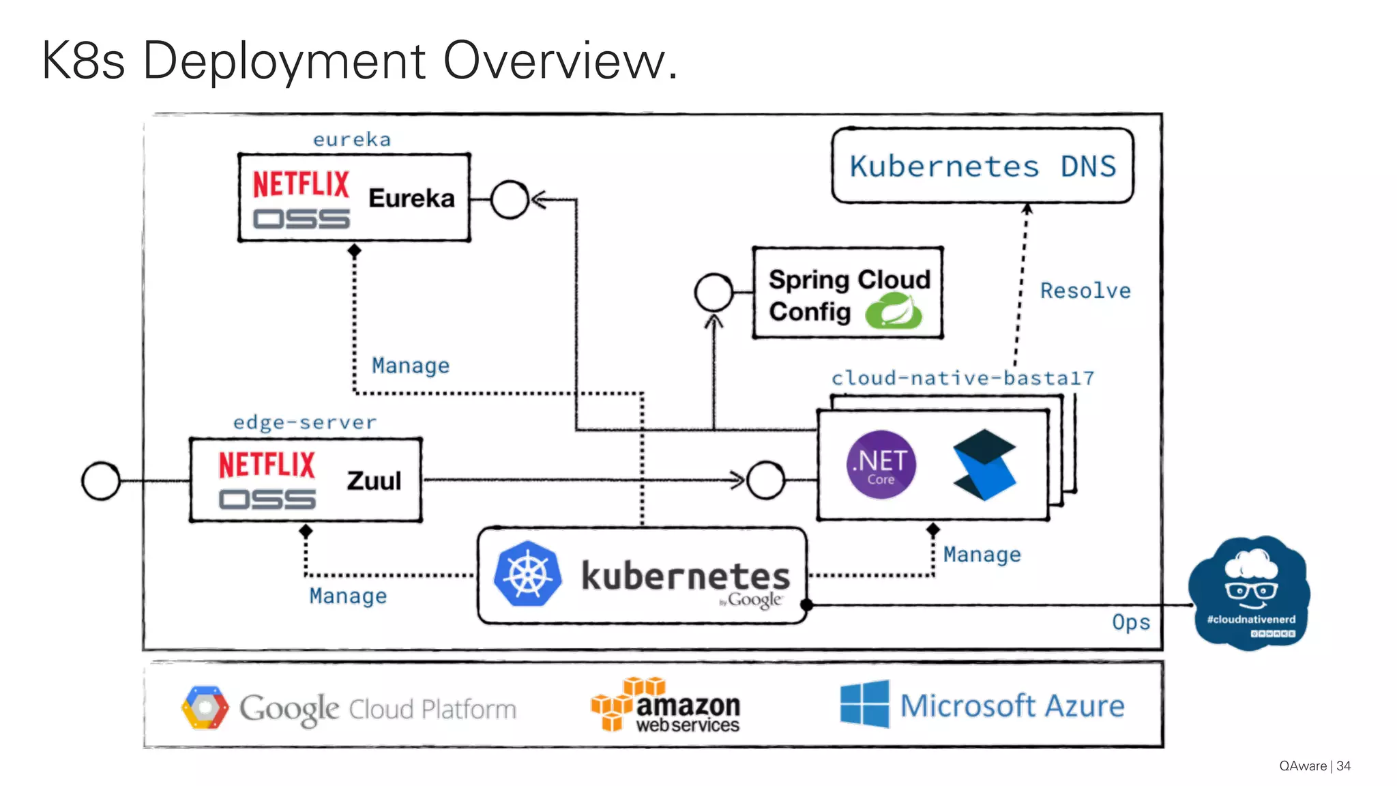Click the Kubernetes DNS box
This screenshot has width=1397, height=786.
(x=982, y=166)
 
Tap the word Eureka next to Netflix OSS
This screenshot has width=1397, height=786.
(x=411, y=199)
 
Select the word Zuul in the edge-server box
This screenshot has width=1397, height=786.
(x=374, y=480)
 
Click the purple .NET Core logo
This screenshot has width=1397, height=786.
(x=881, y=465)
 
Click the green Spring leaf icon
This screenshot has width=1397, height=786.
(x=894, y=312)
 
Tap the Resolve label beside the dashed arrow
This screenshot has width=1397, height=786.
(x=1085, y=291)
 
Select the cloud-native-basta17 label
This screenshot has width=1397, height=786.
(x=962, y=378)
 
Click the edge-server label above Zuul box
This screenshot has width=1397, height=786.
(x=304, y=422)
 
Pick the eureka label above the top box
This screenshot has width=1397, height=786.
(x=352, y=140)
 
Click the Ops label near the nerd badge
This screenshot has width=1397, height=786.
(x=1130, y=622)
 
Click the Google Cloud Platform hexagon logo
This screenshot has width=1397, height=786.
(x=205, y=708)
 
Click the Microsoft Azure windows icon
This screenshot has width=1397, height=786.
(x=864, y=704)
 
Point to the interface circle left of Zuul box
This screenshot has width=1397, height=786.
(x=101, y=481)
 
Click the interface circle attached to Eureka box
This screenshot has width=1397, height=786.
(x=510, y=200)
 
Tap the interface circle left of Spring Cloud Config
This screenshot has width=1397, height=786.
(x=714, y=293)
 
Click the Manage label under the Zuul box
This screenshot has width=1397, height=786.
(x=348, y=596)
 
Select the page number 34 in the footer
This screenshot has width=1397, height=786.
(x=1343, y=766)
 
